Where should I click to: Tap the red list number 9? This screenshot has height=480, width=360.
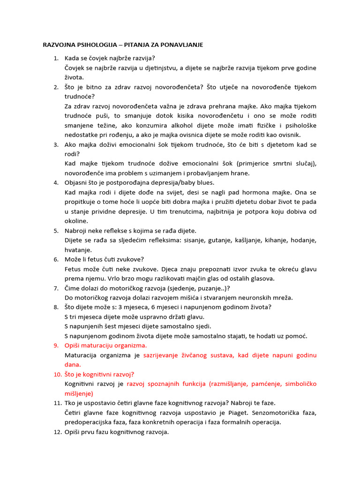click(x=56, y=345)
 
